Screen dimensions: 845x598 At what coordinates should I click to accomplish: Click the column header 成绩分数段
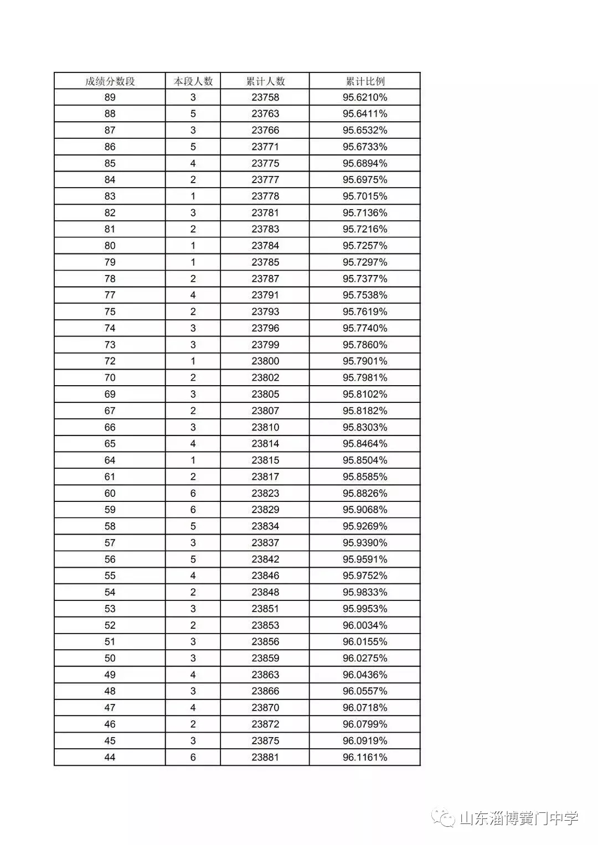(x=110, y=81)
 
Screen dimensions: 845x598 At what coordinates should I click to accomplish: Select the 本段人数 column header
(x=193, y=81)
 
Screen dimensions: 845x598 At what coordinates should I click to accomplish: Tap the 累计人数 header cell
(x=265, y=81)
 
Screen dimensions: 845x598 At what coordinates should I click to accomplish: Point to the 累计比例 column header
(x=365, y=81)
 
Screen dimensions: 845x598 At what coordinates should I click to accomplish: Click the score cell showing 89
(x=110, y=97)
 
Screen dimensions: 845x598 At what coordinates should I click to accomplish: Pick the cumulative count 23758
(x=265, y=97)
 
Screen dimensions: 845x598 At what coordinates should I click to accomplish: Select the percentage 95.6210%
(x=365, y=97)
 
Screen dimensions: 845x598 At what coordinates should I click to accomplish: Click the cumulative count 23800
(x=265, y=361)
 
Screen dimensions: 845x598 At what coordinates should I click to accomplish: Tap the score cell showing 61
(x=110, y=476)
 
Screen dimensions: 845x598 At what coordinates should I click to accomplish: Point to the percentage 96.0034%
(x=365, y=625)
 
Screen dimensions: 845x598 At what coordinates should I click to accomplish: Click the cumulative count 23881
(x=265, y=757)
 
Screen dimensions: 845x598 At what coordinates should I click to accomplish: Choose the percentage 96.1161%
(x=365, y=757)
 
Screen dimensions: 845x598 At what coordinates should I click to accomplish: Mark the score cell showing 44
(x=110, y=757)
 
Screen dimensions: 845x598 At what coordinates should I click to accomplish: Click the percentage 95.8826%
(x=365, y=493)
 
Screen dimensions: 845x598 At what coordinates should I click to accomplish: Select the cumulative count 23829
(x=265, y=510)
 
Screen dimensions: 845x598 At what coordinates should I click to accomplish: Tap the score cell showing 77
(x=110, y=295)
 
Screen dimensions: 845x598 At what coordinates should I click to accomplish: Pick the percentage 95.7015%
(x=365, y=196)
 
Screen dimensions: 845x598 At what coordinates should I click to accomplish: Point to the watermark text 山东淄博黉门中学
(x=519, y=818)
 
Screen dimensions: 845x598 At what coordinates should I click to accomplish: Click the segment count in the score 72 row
(x=193, y=361)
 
